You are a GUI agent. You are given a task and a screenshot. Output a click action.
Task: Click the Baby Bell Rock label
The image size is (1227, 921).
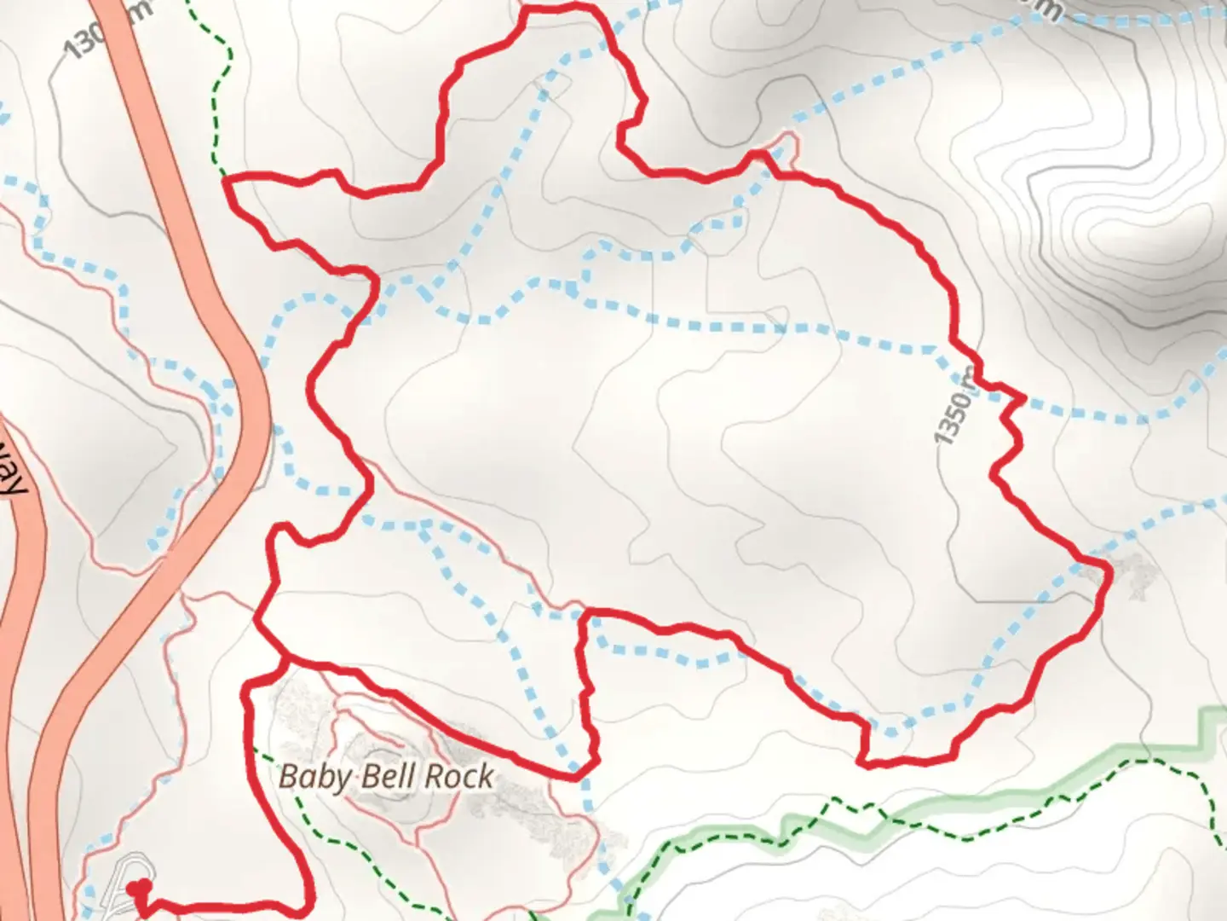386,777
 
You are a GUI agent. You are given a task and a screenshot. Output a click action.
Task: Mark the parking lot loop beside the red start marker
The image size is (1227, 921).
119,883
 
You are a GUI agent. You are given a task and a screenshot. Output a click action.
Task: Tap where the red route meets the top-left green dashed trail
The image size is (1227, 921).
225,178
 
